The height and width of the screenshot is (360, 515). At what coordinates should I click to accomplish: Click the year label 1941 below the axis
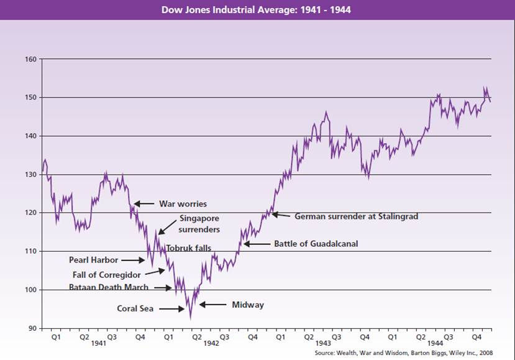click(x=98, y=343)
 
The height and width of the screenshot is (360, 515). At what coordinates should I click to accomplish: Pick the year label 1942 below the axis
click(x=211, y=343)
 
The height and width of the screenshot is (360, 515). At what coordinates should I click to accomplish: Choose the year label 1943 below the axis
click(x=323, y=343)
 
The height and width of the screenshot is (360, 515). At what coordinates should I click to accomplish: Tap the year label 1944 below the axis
click(x=435, y=343)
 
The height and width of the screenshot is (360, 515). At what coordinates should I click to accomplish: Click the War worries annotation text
click(x=183, y=204)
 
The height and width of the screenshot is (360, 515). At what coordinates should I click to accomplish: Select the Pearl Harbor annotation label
click(x=93, y=261)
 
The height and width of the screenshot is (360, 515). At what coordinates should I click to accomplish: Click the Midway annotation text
click(x=248, y=305)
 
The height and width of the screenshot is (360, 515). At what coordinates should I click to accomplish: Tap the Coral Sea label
click(x=136, y=308)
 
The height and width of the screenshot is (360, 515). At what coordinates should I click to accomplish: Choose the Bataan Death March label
click(x=109, y=288)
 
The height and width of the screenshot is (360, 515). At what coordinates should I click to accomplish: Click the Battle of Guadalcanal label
click(x=317, y=244)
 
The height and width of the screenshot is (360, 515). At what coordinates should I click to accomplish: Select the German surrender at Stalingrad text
click(x=356, y=216)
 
